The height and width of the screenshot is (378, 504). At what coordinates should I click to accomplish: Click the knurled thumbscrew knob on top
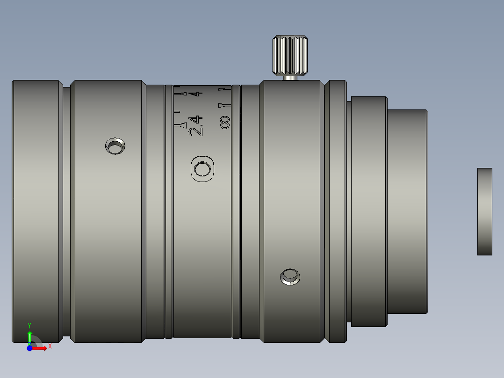pyautogui.click(x=290, y=55)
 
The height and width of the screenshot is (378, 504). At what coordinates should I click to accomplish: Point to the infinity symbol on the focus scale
pyautogui.click(x=225, y=123)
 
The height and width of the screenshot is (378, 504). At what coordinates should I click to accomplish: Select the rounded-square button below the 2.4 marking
pyautogui.click(x=202, y=168)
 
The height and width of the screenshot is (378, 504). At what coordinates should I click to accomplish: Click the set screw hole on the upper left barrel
pyautogui.click(x=115, y=146)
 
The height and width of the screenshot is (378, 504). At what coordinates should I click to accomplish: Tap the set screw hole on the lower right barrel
pyautogui.click(x=290, y=277)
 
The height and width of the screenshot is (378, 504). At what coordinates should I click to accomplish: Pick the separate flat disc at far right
pyautogui.click(x=484, y=211)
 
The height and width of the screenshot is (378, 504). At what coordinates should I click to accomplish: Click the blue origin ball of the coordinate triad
pyautogui.click(x=29, y=348)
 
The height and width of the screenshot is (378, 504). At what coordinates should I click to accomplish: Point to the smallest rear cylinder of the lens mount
pyautogui.click(x=407, y=211)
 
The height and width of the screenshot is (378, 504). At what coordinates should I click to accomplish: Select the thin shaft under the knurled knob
pyautogui.click(x=290, y=78)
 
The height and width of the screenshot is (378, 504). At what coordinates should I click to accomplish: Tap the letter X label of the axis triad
pyautogui.click(x=50, y=346)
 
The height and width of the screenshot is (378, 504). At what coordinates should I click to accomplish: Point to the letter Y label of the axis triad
pyautogui.click(x=29, y=325)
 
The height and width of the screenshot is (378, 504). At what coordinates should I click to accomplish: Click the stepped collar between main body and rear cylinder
pyautogui.click(x=368, y=211)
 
